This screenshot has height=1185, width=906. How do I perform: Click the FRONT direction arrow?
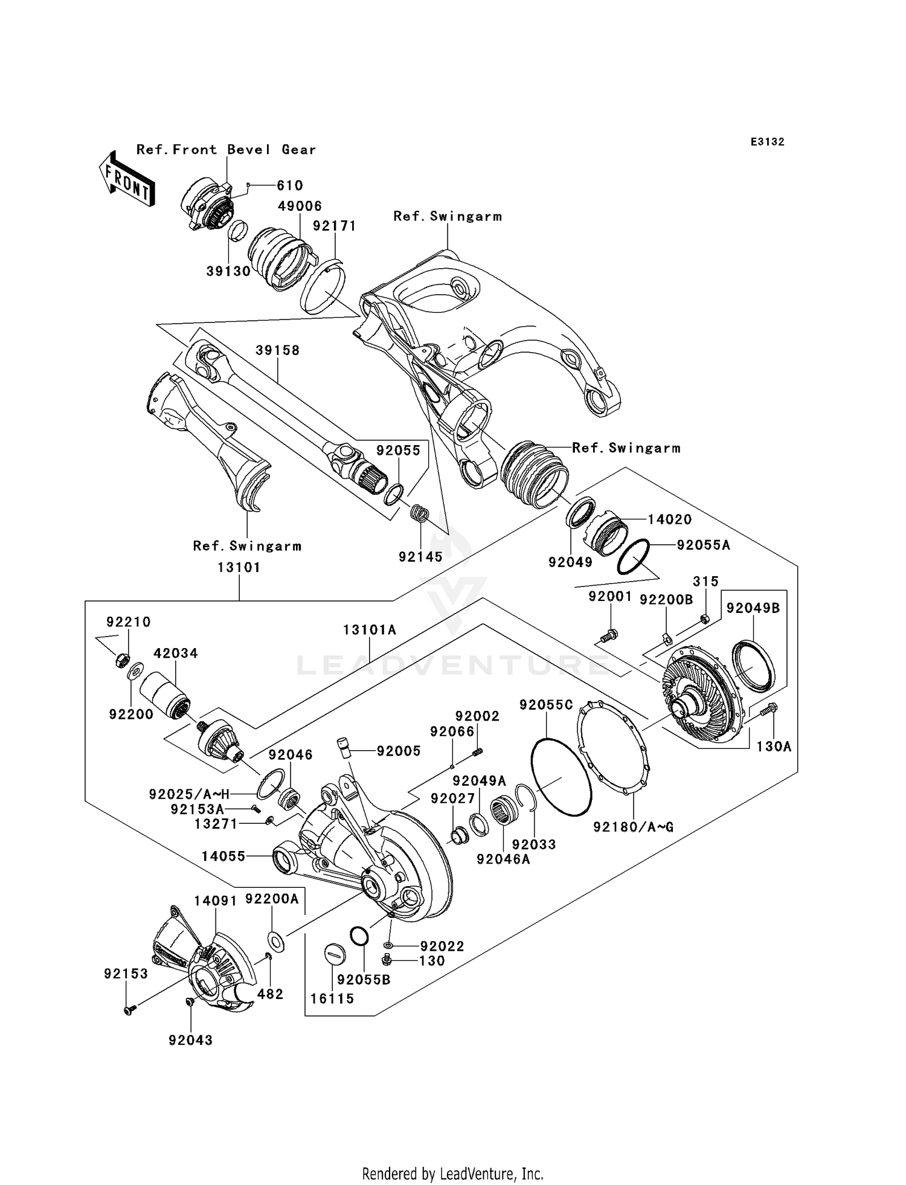[126, 179]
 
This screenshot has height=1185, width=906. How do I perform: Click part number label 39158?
[277, 350]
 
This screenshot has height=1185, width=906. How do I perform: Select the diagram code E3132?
[767, 142]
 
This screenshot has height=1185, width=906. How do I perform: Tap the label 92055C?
[546, 705]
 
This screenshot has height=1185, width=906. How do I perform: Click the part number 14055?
[223, 856]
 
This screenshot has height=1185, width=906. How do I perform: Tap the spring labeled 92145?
[420, 514]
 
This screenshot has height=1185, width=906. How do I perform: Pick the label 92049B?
[753, 608]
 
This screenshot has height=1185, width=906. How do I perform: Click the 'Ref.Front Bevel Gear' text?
[226, 150]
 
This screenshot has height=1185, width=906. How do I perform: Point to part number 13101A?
[370, 630]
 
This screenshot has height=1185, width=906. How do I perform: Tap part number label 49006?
[300, 207]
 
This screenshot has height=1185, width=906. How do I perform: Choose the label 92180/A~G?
[633, 827]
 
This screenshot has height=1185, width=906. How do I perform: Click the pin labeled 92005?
[344, 748]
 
